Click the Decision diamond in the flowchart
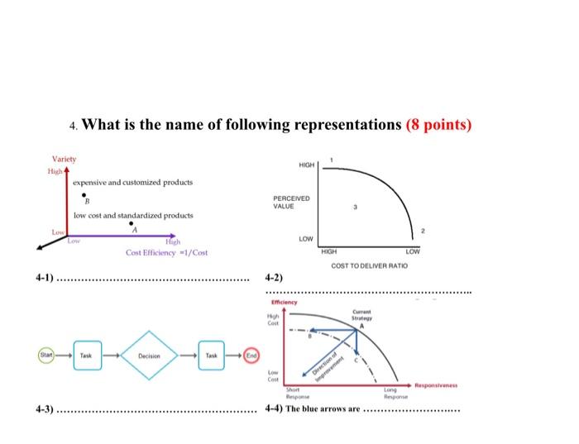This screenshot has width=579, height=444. point(150,356)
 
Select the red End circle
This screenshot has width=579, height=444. point(251,356)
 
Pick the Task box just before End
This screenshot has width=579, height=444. point(213,356)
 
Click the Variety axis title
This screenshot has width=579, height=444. point(64,158)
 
